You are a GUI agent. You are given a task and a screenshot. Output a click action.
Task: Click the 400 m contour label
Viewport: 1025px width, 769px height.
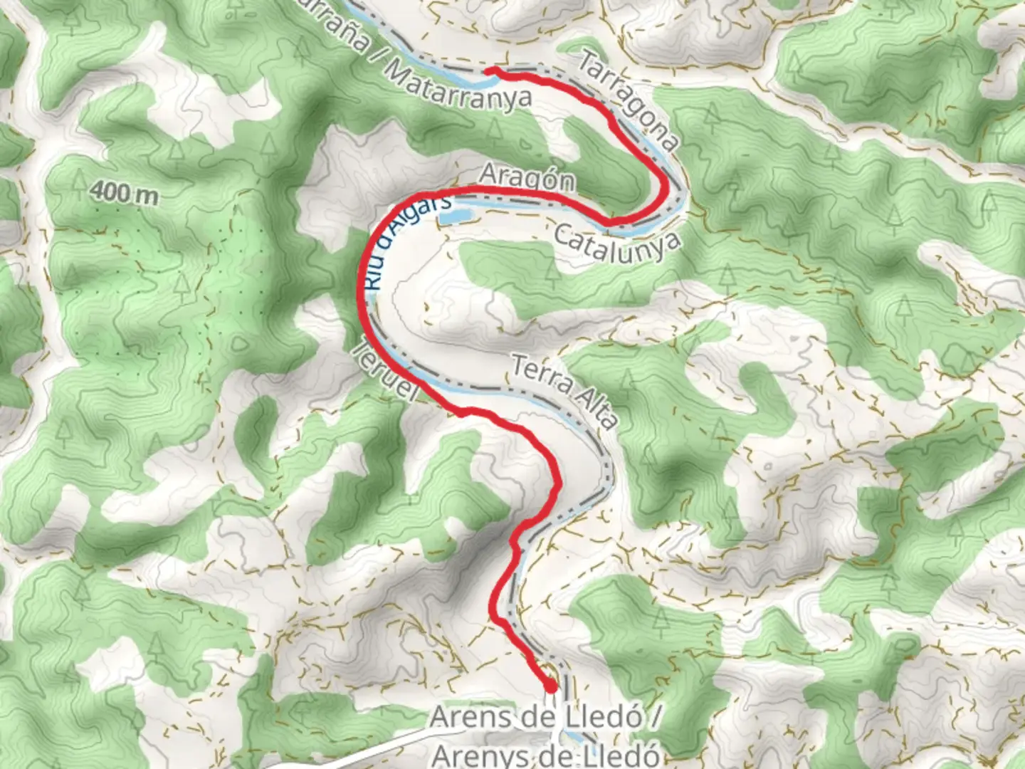(x=125, y=192)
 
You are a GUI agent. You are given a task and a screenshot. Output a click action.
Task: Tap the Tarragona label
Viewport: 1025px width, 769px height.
(x=627, y=100)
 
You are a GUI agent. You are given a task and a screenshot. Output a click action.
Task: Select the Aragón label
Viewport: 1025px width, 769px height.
(x=527, y=177)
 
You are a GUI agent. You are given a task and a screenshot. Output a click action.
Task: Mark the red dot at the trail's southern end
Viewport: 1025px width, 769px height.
(x=551, y=686)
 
